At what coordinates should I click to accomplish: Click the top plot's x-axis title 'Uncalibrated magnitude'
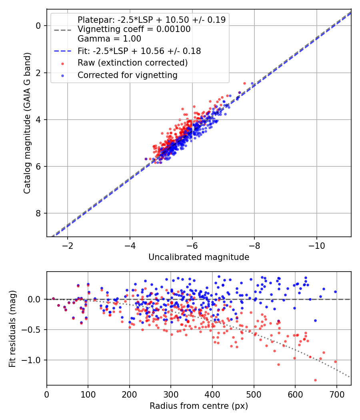pos(199,257)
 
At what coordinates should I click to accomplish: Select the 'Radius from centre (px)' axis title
pos(199,406)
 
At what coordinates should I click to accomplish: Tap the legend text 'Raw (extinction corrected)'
pos(132,63)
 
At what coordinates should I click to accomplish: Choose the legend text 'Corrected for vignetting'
pos(128,75)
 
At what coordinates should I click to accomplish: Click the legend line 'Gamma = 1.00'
pos(109,39)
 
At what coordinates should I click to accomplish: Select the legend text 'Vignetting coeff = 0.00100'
pos(134,29)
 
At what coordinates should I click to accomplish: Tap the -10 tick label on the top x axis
pos(317,244)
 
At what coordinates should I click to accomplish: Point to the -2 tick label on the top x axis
pos(68,244)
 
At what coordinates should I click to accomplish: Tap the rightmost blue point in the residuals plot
pos(335,292)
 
